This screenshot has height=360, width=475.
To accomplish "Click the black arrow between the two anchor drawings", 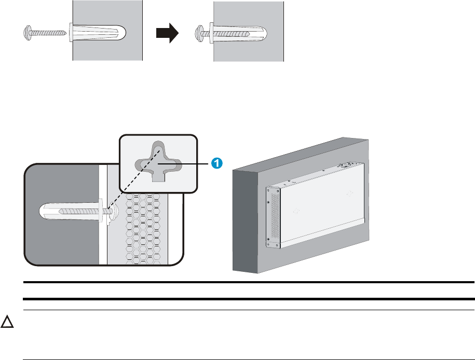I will coord(167,33).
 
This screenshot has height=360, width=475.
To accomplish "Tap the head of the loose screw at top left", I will coord(28,34).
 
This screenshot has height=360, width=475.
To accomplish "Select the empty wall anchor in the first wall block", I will coord(99,33).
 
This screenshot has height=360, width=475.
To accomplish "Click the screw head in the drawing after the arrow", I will coord(199,33).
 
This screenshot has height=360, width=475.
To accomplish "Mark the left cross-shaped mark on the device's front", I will coord(297,211).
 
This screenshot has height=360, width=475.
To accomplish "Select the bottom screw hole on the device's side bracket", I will coord(268,239).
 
